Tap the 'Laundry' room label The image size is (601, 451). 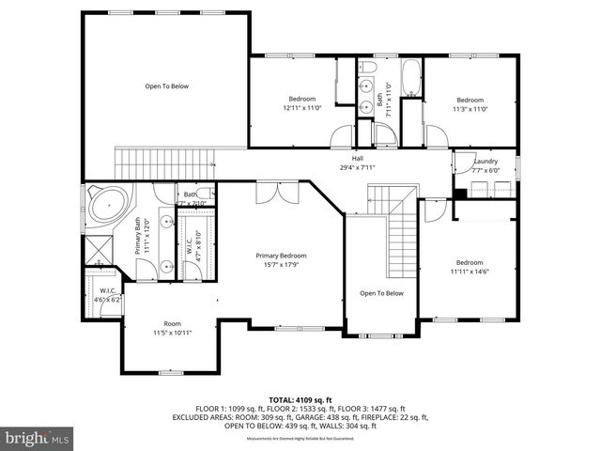tap(485, 162)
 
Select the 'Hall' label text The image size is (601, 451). tap(357, 159)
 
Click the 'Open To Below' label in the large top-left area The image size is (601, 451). tap(166, 86)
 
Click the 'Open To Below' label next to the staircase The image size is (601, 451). tap(381, 293)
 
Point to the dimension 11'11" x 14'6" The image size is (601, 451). tap(470, 272)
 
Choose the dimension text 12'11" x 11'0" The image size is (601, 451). tap(301, 108)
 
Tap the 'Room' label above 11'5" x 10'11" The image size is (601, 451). tap(172, 323)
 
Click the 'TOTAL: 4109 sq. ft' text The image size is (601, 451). tap(300, 399)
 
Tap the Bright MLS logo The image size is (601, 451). tap(38, 438)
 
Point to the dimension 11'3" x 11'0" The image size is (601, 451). tap(470, 108)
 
